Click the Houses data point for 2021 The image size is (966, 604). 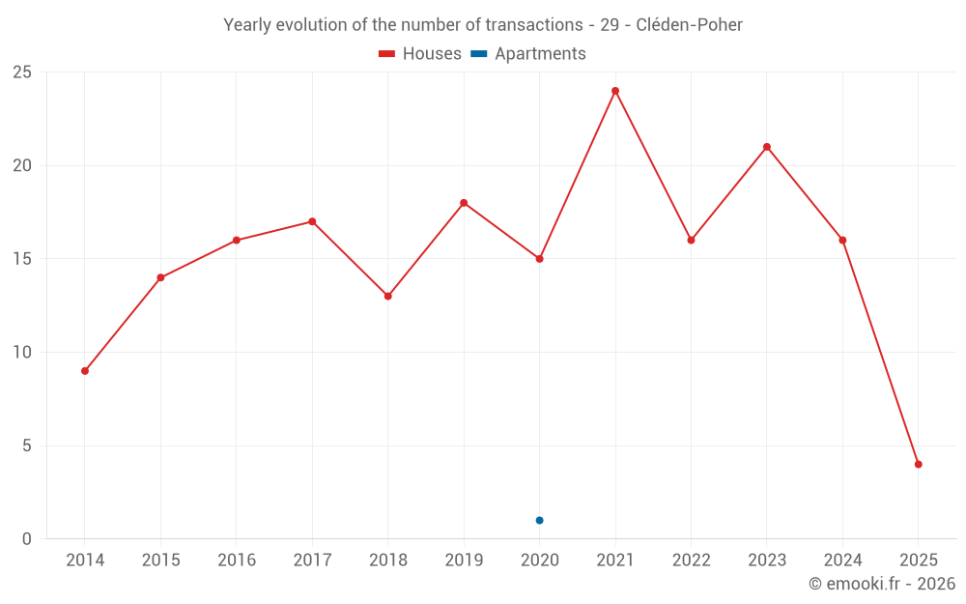[615, 91]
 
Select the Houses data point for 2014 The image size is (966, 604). [85, 371]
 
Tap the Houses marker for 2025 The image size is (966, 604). [919, 464]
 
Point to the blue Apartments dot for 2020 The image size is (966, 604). [539, 520]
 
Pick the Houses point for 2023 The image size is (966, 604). [767, 147]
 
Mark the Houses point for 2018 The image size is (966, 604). [388, 296]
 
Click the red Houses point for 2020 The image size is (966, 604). [539, 259]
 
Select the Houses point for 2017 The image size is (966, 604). [312, 221]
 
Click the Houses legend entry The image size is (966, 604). [420, 54]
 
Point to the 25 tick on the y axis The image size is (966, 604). [22, 72]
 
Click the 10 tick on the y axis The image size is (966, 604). [22, 353]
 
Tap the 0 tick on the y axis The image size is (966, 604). [27, 539]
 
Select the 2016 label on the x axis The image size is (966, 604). [237, 561]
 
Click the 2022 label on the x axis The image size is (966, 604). [691, 561]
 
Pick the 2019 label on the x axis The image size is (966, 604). [464, 561]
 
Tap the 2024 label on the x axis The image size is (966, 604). [842, 561]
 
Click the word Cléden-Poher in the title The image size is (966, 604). [689, 25]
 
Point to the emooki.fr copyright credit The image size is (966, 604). [881, 584]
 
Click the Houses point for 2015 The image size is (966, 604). [160, 277]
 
